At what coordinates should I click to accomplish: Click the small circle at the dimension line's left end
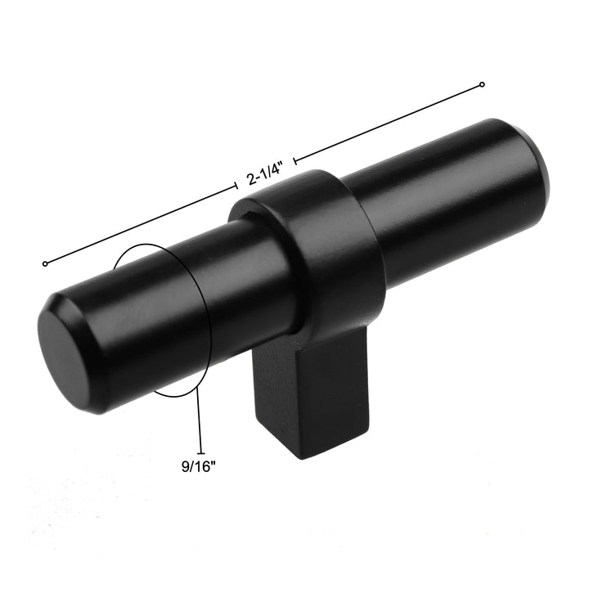tap(45, 263)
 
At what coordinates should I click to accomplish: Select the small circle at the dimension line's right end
tap(482, 84)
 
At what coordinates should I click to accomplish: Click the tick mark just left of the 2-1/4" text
tap(236, 188)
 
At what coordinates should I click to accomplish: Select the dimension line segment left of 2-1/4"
tap(139, 226)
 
